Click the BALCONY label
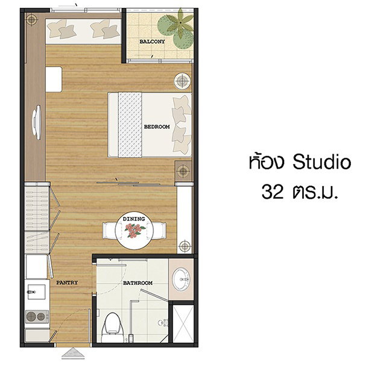152,42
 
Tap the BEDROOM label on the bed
157,127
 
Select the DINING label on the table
134,219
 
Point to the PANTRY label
67,282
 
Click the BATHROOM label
138,283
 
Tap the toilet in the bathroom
113,328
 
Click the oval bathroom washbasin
182,279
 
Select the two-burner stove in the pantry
37,317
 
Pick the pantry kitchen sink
37,291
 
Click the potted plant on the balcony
177,28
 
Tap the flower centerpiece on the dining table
134,230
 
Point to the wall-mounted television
37,122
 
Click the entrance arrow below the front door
73,354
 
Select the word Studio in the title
322,162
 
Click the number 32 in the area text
273,192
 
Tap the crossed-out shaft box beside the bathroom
183,323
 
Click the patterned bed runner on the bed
130,125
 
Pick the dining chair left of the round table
109,231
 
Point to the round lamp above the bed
182,81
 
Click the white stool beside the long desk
54,79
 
